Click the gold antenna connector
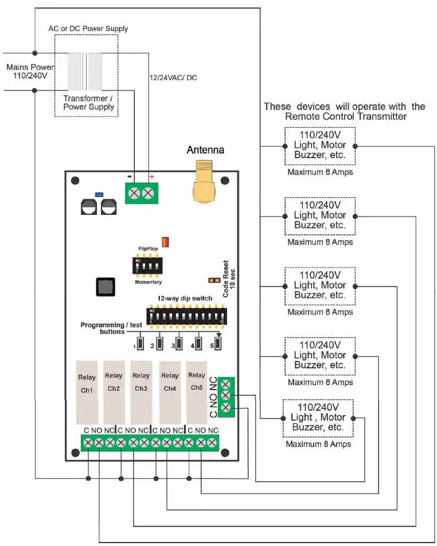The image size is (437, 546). click(205, 183)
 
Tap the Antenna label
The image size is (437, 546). click(205, 150)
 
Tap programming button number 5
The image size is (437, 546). click(219, 345)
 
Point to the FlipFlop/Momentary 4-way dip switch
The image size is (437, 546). click(147, 266)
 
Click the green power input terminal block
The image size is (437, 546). click(141, 193)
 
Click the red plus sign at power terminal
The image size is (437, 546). click(152, 177)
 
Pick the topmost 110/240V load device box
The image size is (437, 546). click(319, 146)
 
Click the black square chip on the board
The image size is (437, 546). click(105, 287)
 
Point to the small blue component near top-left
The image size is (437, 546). click(99, 194)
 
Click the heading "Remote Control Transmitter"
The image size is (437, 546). click(346, 116)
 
